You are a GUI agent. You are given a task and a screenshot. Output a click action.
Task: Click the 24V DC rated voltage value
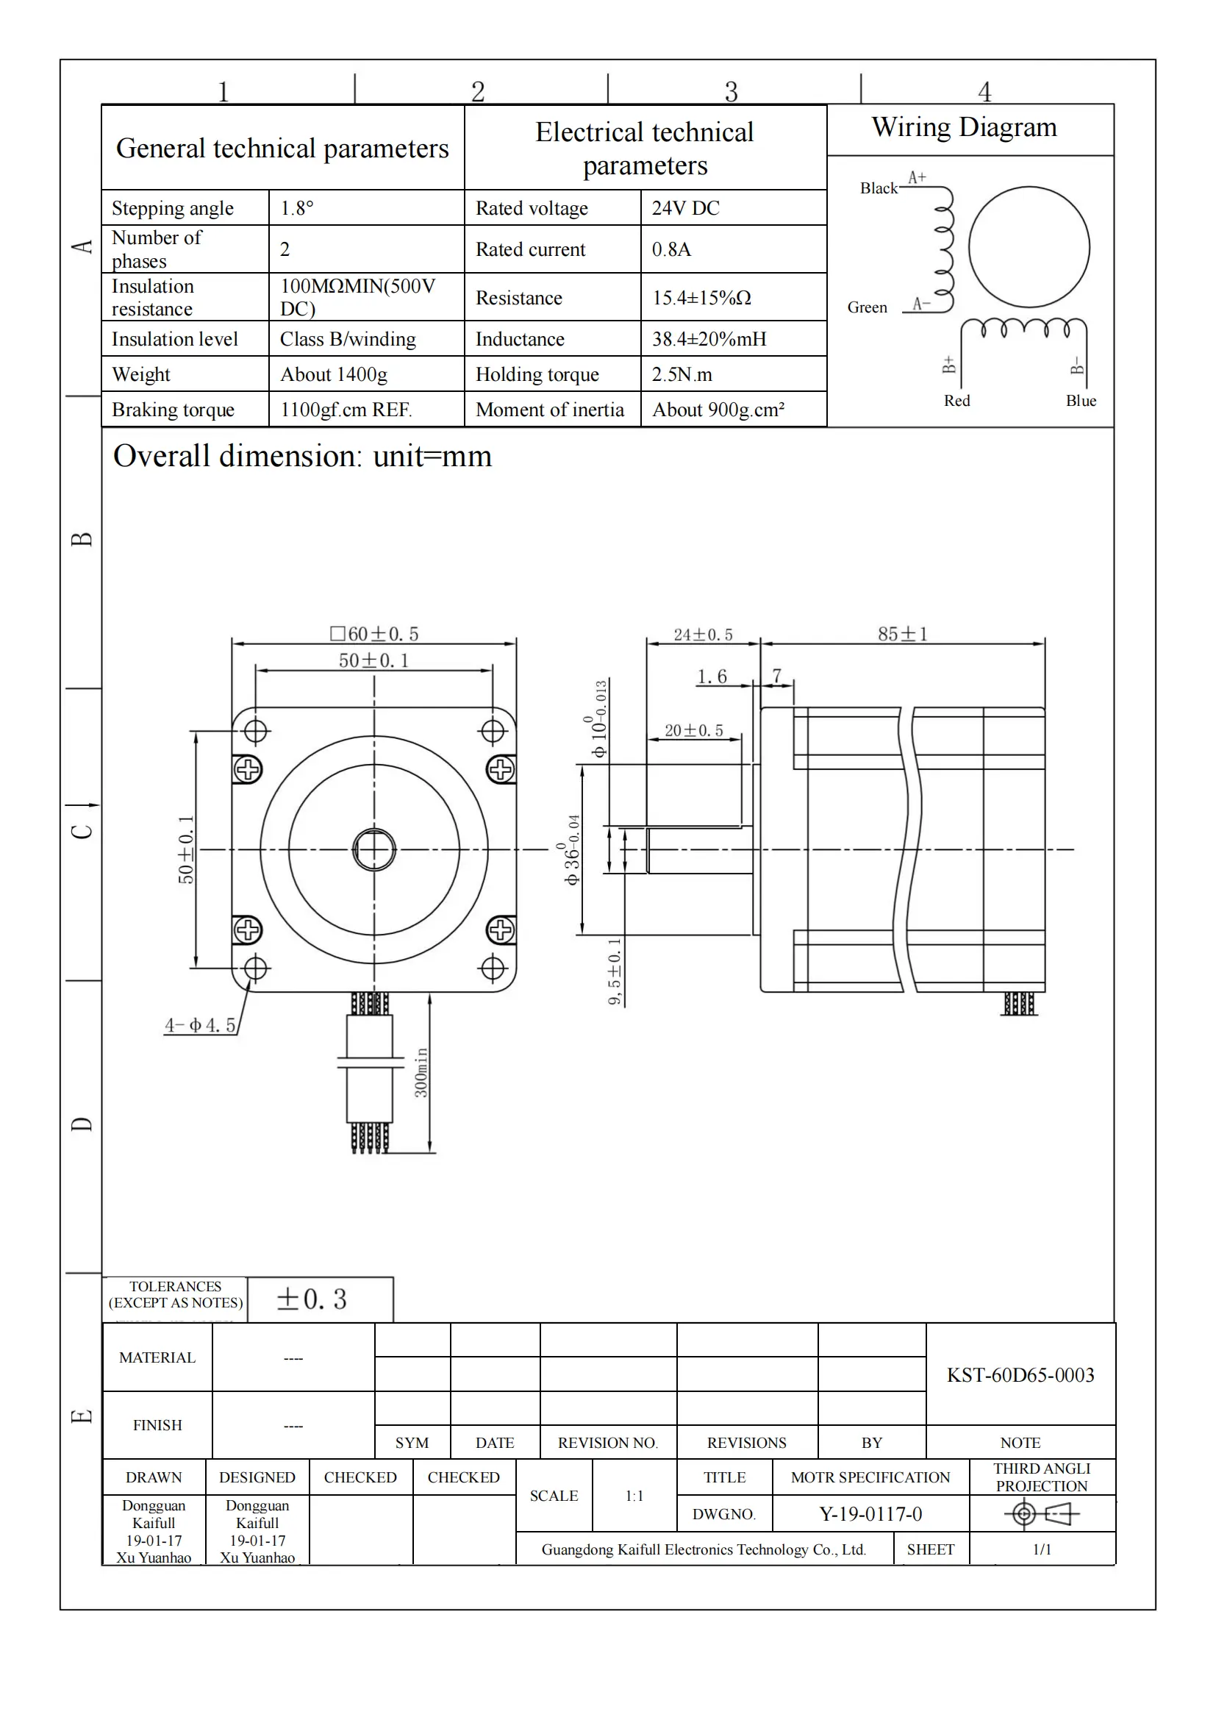pos(685,208)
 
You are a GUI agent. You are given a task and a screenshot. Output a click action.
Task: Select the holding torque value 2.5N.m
pos(682,374)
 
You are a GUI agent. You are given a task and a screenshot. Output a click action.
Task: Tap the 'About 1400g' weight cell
pos(333,374)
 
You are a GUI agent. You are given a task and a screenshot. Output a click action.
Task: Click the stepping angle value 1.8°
pos(296,208)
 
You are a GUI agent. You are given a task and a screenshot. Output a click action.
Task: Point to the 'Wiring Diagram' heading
pos(964,127)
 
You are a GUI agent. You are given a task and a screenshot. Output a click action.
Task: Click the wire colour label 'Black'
pos(878,188)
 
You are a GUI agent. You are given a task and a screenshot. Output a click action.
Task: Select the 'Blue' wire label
pos(1081,401)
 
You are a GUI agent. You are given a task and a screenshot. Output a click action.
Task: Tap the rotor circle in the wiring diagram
pos(1028,247)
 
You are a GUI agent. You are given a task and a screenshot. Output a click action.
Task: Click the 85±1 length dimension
pos(902,634)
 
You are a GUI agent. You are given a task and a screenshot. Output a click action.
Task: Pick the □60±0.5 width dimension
pos(374,634)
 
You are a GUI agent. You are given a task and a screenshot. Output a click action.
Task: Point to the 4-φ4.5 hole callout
pos(200,1025)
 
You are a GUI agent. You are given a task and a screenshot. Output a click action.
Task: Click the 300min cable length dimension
pos(421,1073)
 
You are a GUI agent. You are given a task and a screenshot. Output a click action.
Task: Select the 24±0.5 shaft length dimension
pos(702,635)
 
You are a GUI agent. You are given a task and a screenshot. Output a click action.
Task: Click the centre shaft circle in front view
pos(373,849)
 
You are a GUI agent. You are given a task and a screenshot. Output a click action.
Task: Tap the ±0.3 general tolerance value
pos(312,1299)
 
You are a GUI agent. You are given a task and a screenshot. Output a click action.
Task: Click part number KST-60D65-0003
pos(1020,1374)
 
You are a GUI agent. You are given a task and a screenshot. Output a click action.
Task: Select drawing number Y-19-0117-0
pos(870,1514)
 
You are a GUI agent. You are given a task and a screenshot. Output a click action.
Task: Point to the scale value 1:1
pos(634,1496)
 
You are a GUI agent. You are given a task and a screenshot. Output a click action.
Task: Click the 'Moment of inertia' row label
pos(550,410)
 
